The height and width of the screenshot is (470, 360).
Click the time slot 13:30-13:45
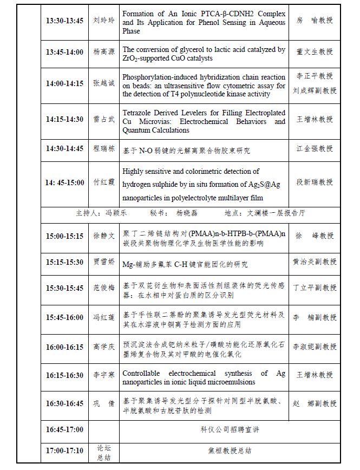pos(64,21)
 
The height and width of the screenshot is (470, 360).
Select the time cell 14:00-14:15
pos(64,83)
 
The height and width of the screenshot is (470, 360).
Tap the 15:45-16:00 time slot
pos(64,316)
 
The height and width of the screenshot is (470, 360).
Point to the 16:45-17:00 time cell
pos(64,429)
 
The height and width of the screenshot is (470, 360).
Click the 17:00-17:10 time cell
pos(64,450)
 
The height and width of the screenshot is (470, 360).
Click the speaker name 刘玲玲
pos(103,21)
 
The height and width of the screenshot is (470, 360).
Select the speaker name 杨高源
pos(103,52)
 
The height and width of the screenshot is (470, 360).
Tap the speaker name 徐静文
pos(103,236)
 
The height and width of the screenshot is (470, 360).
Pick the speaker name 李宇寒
pos(103,375)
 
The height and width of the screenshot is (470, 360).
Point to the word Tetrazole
pos(138,113)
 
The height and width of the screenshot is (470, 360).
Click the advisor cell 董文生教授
pos(315,52)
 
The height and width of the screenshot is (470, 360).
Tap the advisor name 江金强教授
pos(315,148)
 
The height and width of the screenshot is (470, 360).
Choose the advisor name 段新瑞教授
pos(315,182)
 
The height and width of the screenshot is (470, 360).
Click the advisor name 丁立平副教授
pos(315,288)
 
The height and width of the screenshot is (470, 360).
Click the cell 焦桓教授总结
pos(230,450)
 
